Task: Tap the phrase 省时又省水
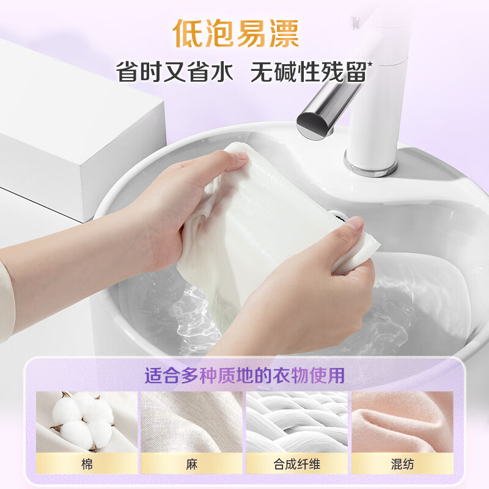tap(175, 72)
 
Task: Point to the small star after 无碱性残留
tap(370, 63)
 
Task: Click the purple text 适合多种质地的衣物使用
tap(244, 374)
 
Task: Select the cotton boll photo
tap(86, 422)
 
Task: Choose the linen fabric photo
tap(191, 422)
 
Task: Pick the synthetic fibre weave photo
tap(297, 422)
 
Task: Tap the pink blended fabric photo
tap(402, 422)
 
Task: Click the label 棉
tap(86, 464)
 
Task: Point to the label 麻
tap(191, 464)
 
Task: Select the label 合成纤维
tap(297, 464)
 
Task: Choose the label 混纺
tap(402, 464)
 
